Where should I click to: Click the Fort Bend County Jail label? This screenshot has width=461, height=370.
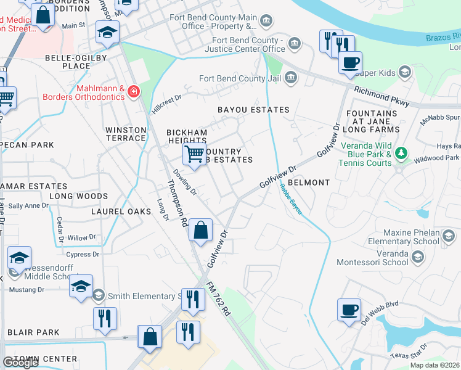pyautogui.click(x=240, y=78)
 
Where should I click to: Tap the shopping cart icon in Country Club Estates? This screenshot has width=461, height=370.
pyautogui.click(x=194, y=154)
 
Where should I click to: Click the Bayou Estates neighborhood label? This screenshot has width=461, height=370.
pyautogui.click(x=253, y=110)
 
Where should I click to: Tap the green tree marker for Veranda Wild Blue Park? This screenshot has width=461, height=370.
pyautogui.click(x=401, y=152)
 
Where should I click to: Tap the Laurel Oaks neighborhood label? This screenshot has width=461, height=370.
pyautogui.click(x=121, y=212)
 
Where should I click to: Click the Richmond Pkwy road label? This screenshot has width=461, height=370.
pyautogui.click(x=381, y=97)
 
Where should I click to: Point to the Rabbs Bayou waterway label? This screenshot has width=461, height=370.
pyautogui.click(x=291, y=199)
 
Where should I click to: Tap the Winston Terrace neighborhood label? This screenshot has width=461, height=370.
pyautogui.click(x=126, y=134)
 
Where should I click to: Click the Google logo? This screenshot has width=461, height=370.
pyautogui.click(x=20, y=363)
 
